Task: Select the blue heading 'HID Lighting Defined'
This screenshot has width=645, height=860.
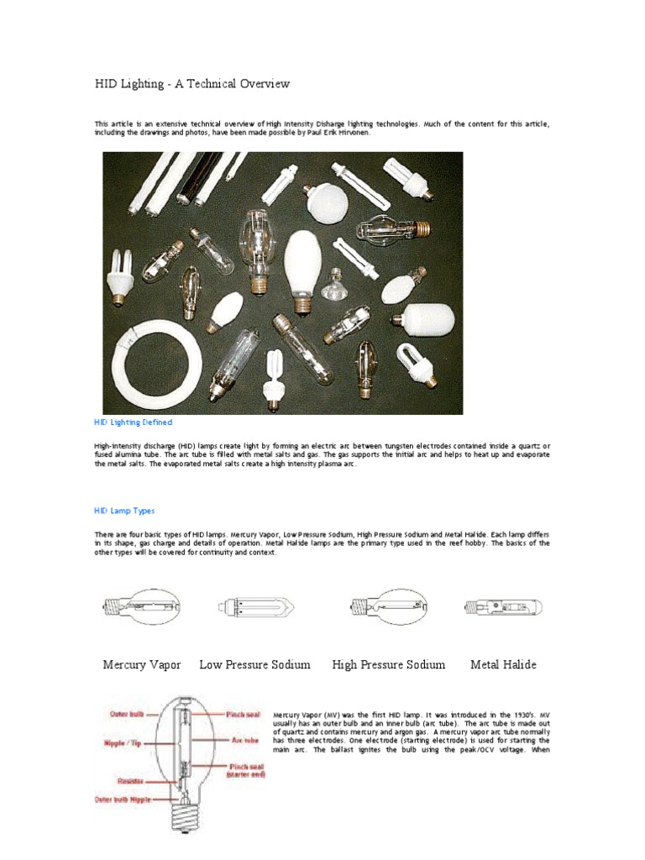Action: [x=132, y=422]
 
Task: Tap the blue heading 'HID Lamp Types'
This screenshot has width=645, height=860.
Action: [x=123, y=511]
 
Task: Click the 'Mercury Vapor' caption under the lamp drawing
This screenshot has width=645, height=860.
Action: [x=142, y=664]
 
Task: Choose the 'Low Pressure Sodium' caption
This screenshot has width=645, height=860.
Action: [x=254, y=664]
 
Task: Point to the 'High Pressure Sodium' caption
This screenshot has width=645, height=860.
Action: [x=389, y=664]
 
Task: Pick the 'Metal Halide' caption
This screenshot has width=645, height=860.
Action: [x=503, y=664]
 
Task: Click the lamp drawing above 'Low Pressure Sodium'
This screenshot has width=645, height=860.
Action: [x=255, y=606]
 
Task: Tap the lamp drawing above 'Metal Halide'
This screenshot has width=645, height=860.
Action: [x=503, y=606]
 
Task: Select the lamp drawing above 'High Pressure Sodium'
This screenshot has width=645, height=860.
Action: [x=389, y=606]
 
